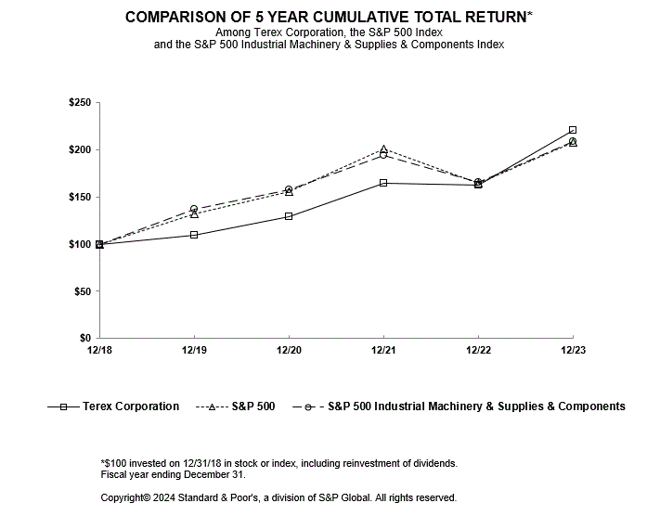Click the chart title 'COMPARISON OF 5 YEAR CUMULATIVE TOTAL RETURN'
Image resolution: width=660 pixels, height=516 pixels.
point(329,18)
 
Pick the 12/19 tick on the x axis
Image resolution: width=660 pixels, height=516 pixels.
point(194,350)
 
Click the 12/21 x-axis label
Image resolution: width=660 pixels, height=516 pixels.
point(383,350)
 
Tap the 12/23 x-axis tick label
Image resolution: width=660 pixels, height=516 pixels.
point(573,350)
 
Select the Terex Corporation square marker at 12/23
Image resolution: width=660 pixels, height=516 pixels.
point(573,130)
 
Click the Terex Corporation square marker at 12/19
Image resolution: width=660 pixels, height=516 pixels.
point(194,235)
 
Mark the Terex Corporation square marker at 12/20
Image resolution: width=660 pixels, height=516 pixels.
point(289,216)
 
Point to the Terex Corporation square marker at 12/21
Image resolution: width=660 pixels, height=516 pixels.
point(383,183)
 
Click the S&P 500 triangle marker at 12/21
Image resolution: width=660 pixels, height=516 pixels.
point(383,148)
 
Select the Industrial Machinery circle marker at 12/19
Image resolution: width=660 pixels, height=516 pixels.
point(194,209)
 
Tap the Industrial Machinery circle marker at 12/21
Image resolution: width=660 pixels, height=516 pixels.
point(383,155)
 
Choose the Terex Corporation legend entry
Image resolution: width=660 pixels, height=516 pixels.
point(112,406)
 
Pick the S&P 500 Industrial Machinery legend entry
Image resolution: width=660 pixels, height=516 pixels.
point(459,406)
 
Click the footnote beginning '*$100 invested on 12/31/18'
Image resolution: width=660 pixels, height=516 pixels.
point(278,463)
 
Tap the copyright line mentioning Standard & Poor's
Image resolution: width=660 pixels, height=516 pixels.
point(278,498)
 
